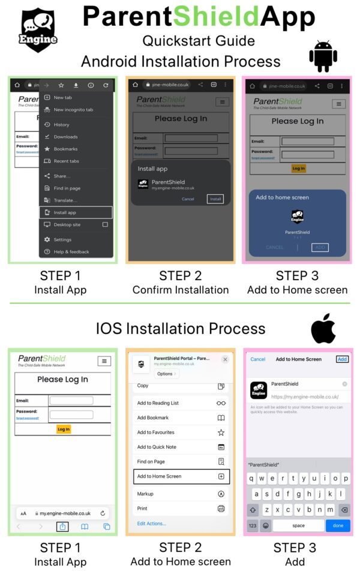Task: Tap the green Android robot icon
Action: click(x=323, y=56)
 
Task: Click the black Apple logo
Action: click(x=323, y=329)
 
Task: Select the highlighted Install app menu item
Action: click(x=76, y=212)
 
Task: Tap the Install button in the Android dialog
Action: click(x=215, y=199)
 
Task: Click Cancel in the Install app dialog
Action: click(x=188, y=199)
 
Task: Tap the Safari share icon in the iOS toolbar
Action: click(x=62, y=526)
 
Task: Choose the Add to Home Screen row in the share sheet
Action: click(x=180, y=476)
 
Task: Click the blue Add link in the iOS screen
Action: click(x=342, y=359)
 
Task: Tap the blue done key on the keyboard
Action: click(x=338, y=525)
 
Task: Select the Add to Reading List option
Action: click(x=180, y=403)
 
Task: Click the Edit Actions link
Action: click(x=151, y=524)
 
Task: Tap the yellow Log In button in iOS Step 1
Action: click(x=63, y=429)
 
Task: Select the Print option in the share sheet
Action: click(x=180, y=509)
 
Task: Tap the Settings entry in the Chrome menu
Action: click(x=62, y=240)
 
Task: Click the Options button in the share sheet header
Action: click(x=166, y=374)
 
